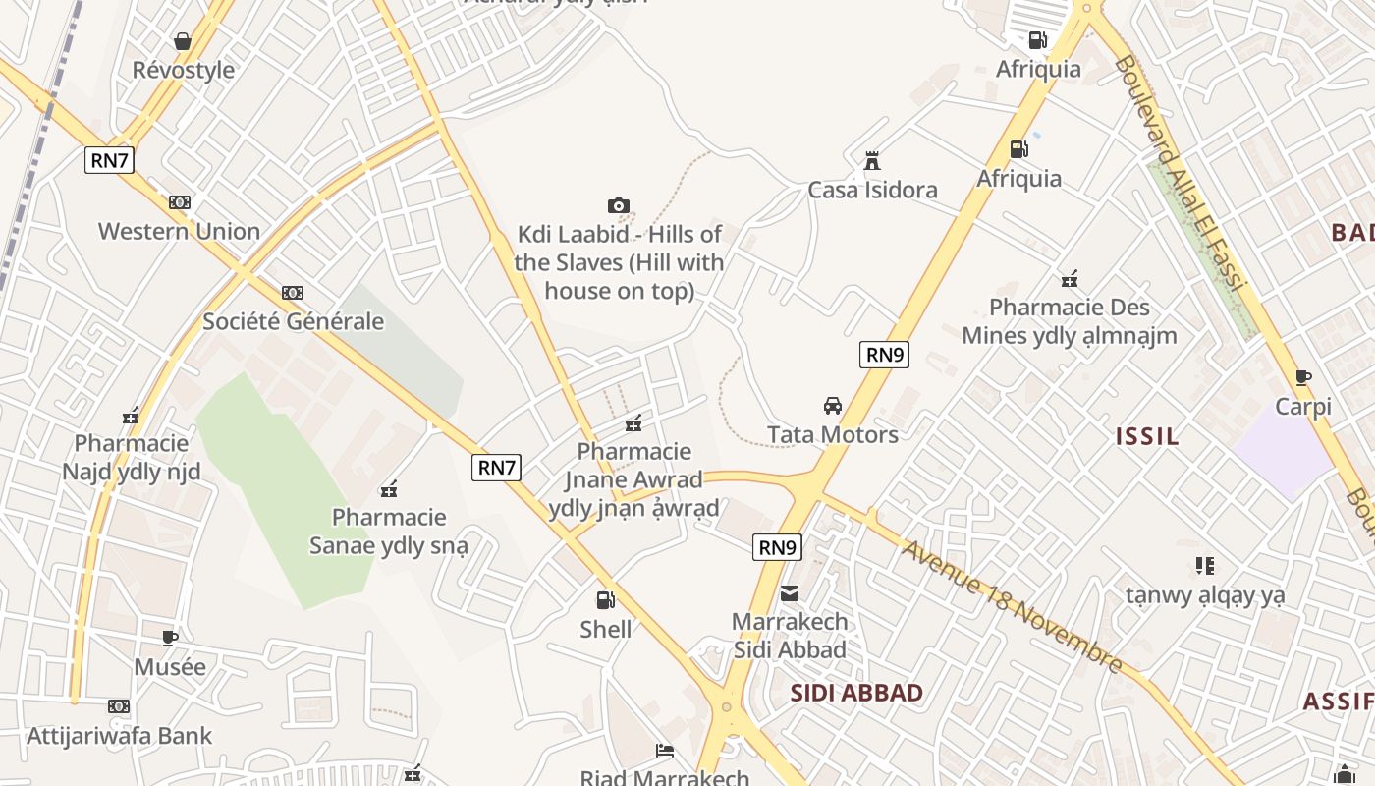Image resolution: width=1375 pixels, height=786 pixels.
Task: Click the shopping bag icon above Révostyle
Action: (x=183, y=41)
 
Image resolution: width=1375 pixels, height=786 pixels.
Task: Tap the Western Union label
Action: (x=179, y=232)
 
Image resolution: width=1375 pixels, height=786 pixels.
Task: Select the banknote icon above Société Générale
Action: (x=293, y=293)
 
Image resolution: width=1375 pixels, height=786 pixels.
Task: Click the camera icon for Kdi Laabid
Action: (x=618, y=205)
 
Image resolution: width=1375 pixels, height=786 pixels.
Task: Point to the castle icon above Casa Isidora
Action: (x=871, y=161)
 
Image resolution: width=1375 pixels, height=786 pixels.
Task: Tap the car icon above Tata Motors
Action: (x=833, y=406)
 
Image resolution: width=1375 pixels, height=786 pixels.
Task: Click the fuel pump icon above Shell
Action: (x=606, y=599)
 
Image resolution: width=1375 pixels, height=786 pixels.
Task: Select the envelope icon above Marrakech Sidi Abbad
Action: (x=790, y=593)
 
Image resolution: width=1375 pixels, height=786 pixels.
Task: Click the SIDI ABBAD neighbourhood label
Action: (x=856, y=693)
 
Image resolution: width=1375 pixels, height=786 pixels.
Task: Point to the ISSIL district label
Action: (x=1147, y=437)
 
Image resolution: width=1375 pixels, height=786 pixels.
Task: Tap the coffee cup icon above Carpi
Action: (x=1303, y=377)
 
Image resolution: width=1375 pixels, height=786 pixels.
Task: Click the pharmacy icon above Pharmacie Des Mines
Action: (x=1070, y=279)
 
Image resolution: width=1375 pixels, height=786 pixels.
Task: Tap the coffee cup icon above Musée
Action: (x=170, y=638)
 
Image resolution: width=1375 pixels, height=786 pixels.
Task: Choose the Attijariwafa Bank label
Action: (x=120, y=736)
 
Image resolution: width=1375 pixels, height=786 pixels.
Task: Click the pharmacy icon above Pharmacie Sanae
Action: (x=389, y=488)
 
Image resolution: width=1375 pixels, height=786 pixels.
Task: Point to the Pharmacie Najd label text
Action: (x=132, y=458)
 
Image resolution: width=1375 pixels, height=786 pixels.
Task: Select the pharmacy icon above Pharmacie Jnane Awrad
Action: (x=633, y=423)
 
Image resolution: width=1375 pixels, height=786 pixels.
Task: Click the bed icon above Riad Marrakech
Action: (x=665, y=752)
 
